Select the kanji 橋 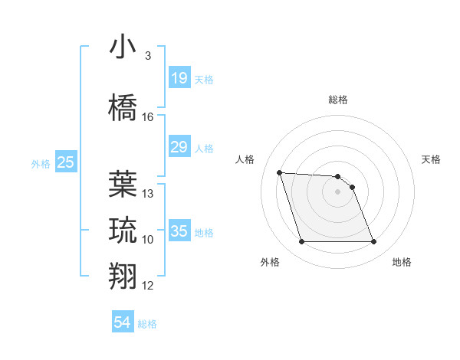[123, 107]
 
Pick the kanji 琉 [123, 229]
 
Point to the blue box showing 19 [179, 78]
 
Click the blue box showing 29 [179, 147]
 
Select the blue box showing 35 [179, 231]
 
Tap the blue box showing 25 [65, 162]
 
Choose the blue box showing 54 [123, 322]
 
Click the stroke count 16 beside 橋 [148, 117]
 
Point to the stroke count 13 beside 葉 [148, 194]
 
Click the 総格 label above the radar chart [338, 100]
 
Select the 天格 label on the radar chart [431, 159]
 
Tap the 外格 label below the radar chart [270, 262]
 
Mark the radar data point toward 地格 [373, 242]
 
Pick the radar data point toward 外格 [301, 242]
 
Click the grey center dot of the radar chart [338, 191]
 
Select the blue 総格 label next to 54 [147, 324]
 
